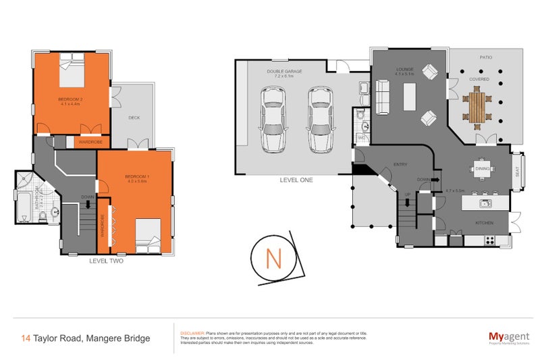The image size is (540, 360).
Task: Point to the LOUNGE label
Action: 405,70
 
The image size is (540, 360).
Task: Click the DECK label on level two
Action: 134,118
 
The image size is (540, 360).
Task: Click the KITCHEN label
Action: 484,223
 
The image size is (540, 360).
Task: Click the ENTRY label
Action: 401,164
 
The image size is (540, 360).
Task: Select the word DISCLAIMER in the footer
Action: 193,334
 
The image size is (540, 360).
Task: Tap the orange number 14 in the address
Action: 25,338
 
